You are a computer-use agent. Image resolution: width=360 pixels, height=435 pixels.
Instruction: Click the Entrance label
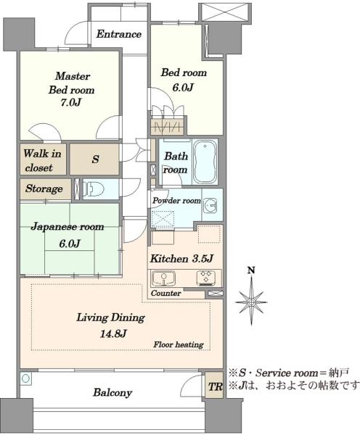(119, 34)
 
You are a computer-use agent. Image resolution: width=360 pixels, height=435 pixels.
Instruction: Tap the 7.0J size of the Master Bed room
(71, 103)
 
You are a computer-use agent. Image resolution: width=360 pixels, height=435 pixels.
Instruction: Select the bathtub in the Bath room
(205, 162)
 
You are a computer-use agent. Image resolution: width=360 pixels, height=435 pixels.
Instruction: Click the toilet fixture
(94, 189)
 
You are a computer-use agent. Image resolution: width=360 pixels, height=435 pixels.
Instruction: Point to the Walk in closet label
(42, 160)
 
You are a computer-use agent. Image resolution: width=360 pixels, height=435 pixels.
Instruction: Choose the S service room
(94, 159)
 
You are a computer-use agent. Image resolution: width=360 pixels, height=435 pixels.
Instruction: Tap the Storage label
(44, 188)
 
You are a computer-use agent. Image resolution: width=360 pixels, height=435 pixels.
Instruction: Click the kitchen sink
(163, 278)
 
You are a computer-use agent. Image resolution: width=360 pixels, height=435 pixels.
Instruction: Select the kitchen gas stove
(206, 278)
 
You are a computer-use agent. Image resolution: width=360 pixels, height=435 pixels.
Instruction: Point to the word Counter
(165, 293)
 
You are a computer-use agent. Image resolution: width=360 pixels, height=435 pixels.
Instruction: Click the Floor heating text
(179, 344)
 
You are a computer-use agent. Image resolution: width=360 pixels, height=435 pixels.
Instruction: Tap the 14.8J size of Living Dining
(113, 333)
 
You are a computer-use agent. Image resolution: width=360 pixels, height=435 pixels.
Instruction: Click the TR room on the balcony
(215, 386)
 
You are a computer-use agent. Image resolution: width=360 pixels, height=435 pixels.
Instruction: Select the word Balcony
(112, 392)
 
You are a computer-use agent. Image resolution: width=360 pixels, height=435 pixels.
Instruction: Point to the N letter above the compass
(251, 270)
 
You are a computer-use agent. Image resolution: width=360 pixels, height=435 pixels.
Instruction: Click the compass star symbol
(251, 302)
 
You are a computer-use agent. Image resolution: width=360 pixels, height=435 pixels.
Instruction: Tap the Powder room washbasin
(210, 205)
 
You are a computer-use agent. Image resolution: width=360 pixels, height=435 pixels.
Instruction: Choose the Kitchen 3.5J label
(181, 259)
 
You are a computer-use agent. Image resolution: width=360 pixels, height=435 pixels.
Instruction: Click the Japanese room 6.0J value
(70, 244)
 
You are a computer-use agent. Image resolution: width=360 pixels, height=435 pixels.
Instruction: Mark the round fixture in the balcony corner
(25, 378)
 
